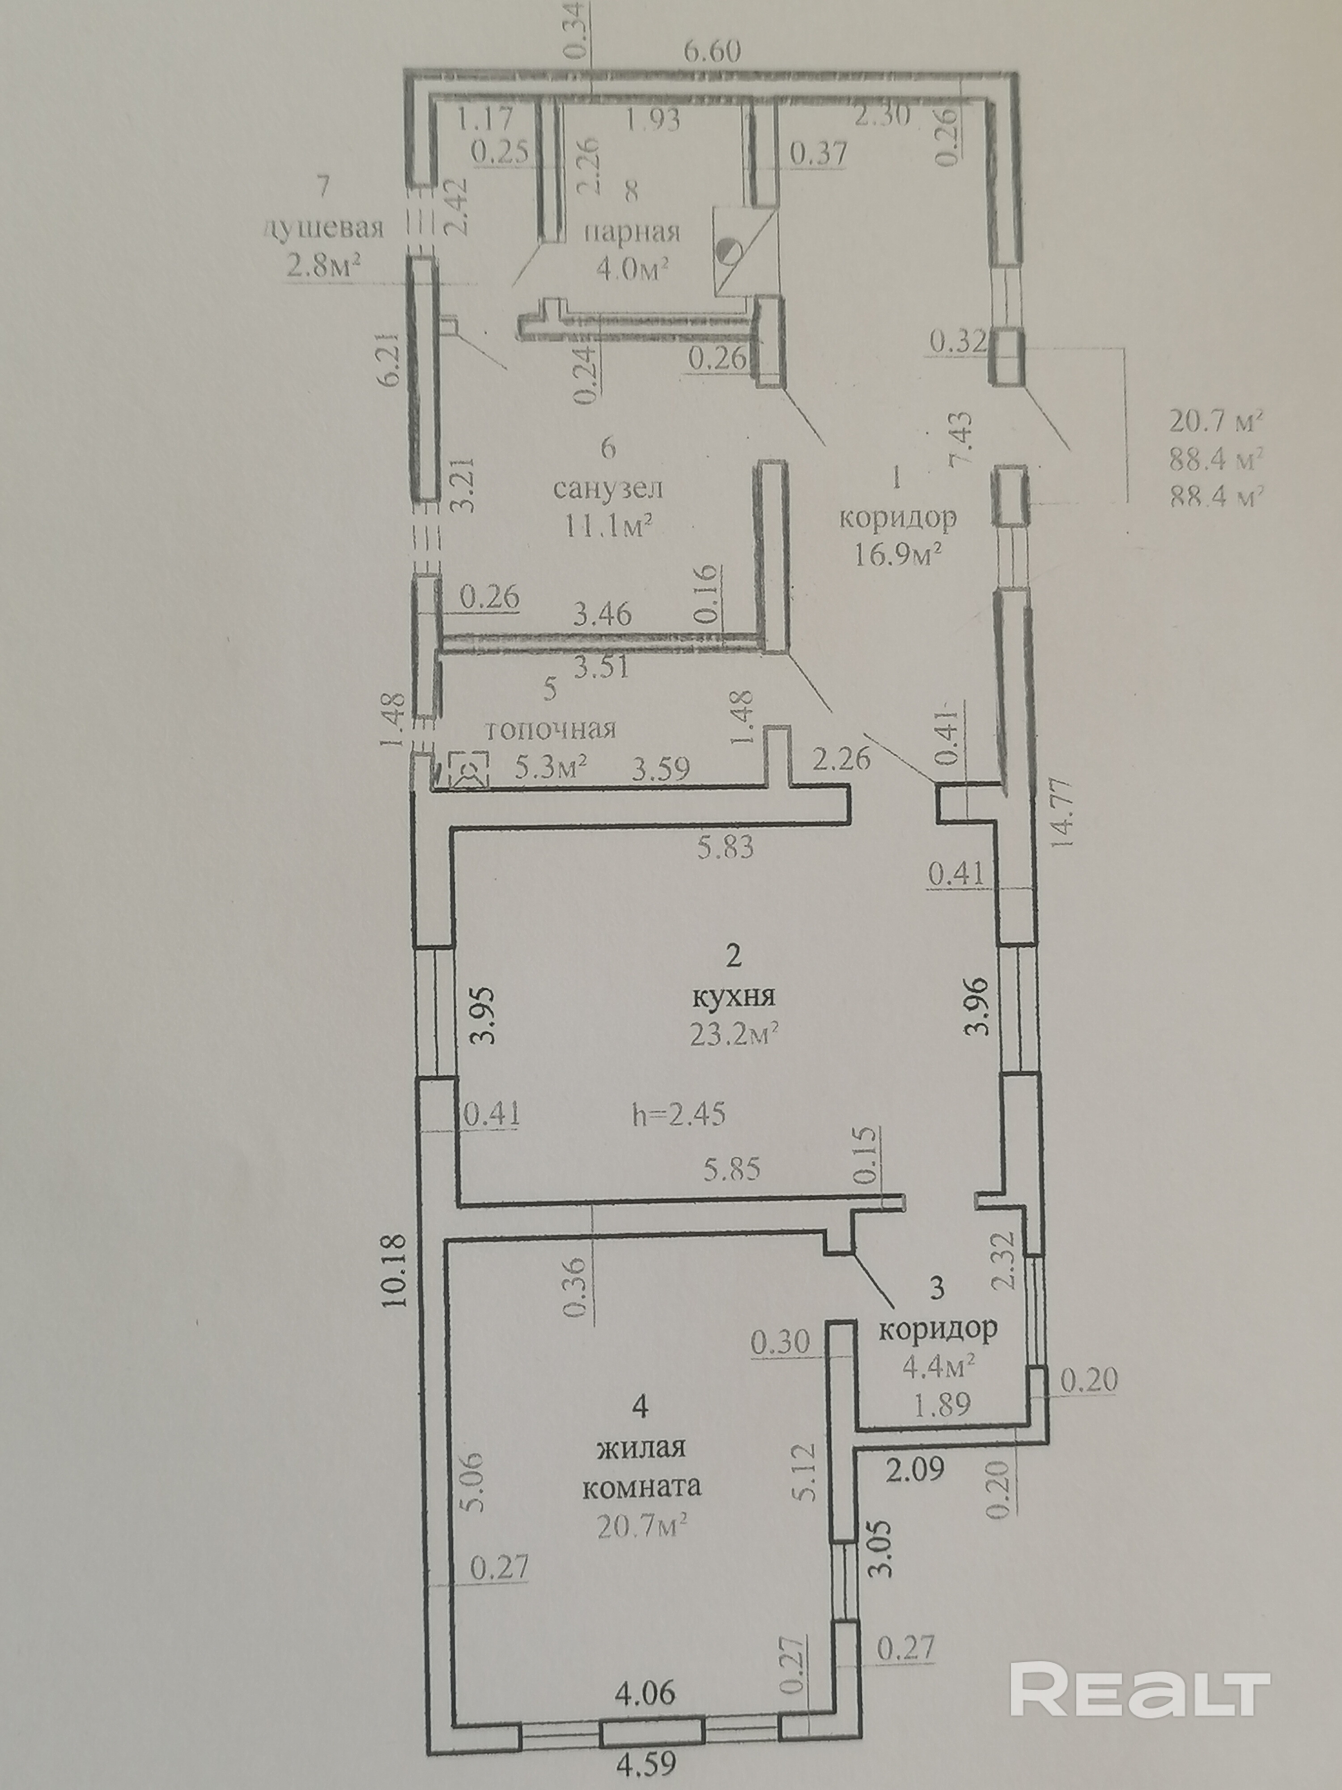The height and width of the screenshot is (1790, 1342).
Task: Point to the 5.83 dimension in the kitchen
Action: coord(726,847)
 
